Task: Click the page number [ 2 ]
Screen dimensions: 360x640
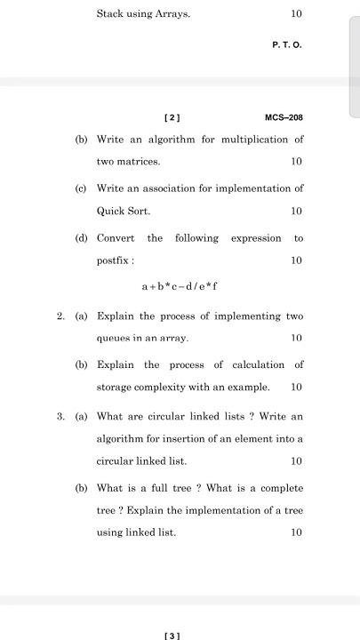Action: click(x=172, y=117)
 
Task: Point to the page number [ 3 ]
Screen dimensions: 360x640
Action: click(x=172, y=635)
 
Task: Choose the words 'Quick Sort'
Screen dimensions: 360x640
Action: click(x=124, y=212)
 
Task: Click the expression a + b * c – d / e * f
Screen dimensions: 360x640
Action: click(x=180, y=286)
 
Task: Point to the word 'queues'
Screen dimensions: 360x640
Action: click(x=114, y=339)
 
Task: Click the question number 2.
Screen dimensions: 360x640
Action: click(x=60, y=316)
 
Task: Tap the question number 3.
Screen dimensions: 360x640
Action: click(x=60, y=416)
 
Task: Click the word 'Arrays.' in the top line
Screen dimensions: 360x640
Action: click(x=172, y=14)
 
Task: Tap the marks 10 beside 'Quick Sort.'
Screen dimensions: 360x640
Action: click(x=296, y=212)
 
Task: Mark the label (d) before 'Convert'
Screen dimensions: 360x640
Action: click(x=81, y=238)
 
